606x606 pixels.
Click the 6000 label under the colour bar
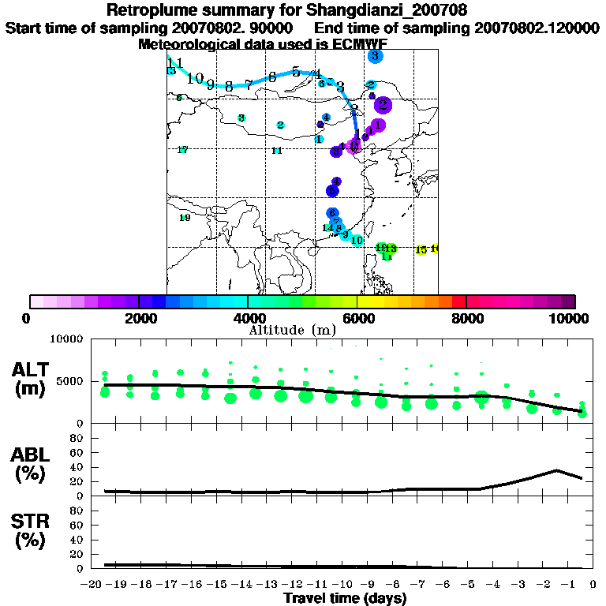357,318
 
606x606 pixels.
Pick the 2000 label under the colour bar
139,318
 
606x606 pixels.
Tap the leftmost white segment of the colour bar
36,301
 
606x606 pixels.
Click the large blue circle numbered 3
375,56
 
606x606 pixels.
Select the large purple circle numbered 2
383,104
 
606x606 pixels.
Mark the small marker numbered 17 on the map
182,150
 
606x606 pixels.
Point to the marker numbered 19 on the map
185,218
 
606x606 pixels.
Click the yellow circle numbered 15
421,249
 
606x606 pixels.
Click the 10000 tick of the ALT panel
66,340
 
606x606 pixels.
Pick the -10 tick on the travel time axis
343,585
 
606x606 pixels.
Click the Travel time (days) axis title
345,599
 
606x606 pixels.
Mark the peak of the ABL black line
557,470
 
